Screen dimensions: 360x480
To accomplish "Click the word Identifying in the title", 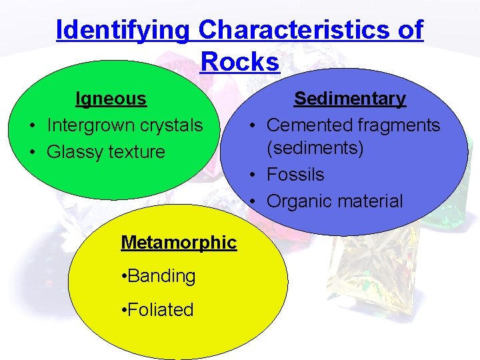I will point(124,31).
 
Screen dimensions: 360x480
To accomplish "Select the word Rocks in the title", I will point(239,62).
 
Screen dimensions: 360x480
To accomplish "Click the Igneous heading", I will point(111,99).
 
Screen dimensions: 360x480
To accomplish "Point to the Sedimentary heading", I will point(349,99).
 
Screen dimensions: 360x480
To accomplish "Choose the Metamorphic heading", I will point(178,242).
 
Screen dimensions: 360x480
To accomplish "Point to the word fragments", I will point(401,125).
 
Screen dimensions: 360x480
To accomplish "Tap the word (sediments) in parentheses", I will point(315,148).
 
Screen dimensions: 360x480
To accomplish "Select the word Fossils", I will point(295,175).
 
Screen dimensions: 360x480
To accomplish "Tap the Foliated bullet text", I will point(160,310).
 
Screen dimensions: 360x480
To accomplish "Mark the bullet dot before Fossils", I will point(254,175).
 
